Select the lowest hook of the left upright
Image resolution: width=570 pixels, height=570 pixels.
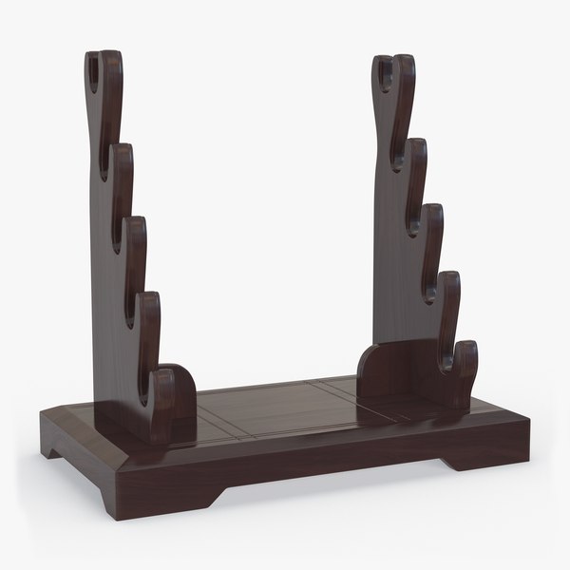click(x=172, y=389)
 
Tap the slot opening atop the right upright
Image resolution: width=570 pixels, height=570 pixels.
click(x=387, y=71)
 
